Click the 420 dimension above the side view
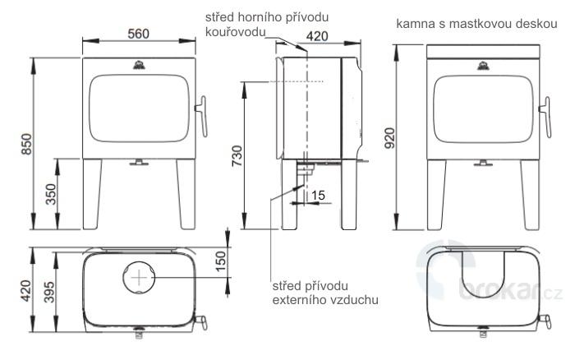(x=320, y=36)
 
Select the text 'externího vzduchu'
(x=324, y=300)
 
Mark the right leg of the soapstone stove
(x=527, y=194)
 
